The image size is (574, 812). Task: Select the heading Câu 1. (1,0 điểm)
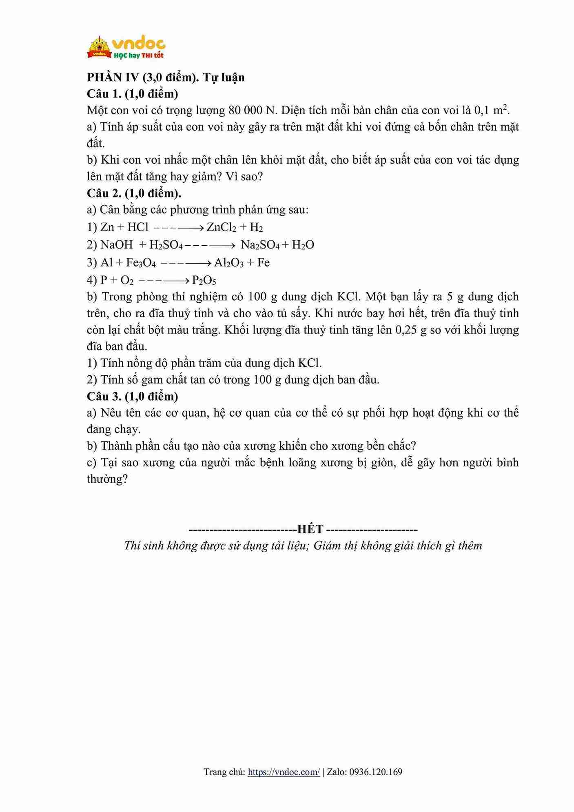(x=132, y=94)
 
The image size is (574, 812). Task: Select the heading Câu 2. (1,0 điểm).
(x=134, y=193)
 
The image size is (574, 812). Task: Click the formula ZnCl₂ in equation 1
(x=222, y=227)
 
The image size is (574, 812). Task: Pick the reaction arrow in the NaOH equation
(x=210, y=245)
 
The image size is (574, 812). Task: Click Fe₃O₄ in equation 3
(x=141, y=263)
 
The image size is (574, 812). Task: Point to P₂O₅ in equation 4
(x=204, y=280)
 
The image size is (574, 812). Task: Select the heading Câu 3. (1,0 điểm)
(x=132, y=396)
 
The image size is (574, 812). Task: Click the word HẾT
(x=310, y=529)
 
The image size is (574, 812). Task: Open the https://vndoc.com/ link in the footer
(x=284, y=772)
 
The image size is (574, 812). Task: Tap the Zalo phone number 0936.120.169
(x=376, y=772)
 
